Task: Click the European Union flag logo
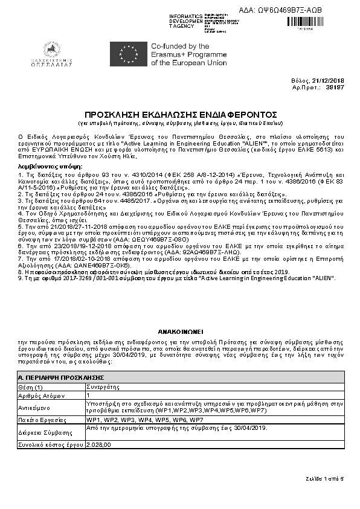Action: click(127, 54)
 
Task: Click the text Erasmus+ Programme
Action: click(182, 54)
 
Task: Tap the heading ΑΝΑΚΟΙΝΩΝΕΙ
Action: click(180, 332)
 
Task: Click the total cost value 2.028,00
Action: click(99, 444)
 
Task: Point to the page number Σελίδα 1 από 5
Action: click(324, 479)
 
